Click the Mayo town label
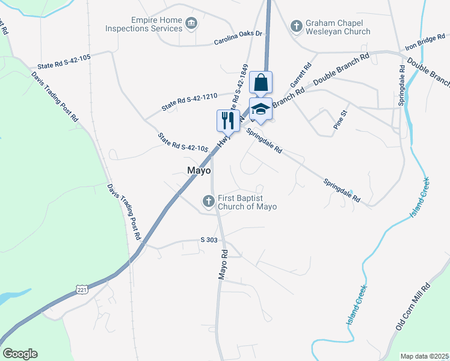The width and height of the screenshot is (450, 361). [x=199, y=171]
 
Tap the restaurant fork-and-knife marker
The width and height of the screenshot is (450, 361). [x=227, y=120]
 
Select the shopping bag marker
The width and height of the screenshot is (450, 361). [x=261, y=82]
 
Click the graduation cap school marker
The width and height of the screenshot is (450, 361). [x=260, y=109]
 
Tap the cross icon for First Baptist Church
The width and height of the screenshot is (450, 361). [x=209, y=202]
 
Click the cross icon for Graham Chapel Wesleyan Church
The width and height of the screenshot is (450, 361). [x=296, y=26]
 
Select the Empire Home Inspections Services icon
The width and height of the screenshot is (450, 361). [x=191, y=23]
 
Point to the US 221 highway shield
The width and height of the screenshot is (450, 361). [x=82, y=290]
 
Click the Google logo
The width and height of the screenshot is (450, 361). [x=20, y=354]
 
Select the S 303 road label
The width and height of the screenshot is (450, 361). [x=209, y=239]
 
